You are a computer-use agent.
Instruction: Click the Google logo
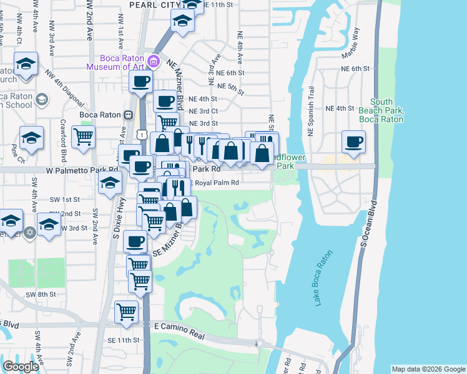click(x=21, y=367)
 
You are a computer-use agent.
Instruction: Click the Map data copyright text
click(x=428, y=369)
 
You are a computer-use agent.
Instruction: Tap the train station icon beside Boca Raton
click(x=128, y=115)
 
